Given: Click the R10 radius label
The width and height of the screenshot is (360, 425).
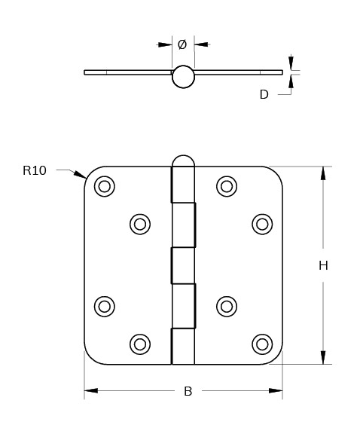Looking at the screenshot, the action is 35,170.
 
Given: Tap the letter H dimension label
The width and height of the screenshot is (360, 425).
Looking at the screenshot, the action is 323,265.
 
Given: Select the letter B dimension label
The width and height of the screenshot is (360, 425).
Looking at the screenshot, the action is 188,391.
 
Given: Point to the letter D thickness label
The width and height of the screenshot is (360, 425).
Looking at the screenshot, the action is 264,94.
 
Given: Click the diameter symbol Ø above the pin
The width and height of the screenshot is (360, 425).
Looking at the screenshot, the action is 182,44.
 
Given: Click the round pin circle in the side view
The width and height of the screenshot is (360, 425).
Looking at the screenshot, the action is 183,77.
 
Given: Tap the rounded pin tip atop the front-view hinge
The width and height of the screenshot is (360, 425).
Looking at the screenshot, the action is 183,161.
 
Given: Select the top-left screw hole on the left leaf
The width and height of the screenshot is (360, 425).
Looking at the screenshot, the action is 105,186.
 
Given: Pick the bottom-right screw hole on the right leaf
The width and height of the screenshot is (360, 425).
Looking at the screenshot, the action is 262,344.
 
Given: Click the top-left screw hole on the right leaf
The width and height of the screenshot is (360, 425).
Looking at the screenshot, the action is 227,186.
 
